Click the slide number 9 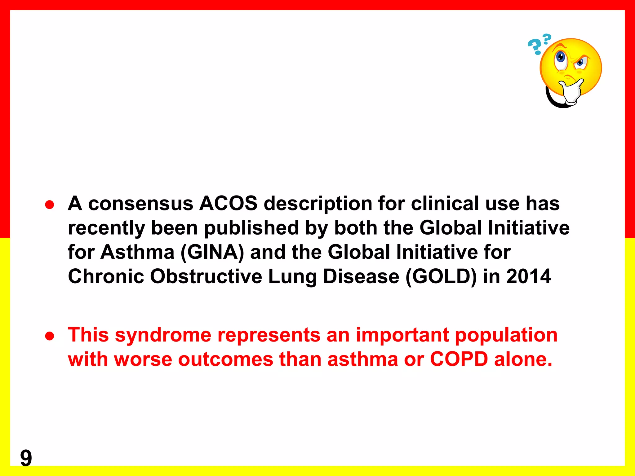click(x=26, y=458)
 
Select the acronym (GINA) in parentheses click(x=212, y=252)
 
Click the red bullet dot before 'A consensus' click(x=50, y=205)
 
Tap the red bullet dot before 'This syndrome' click(x=50, y=336)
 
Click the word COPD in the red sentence click(x=459, y=359)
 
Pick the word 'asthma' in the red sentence click(x=362, y=359)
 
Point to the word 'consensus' click(x=141, y=204)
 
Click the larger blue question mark click(x=535, y=47)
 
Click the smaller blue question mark click(x=547, y=39)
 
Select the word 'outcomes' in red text click(x=225, y=359)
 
